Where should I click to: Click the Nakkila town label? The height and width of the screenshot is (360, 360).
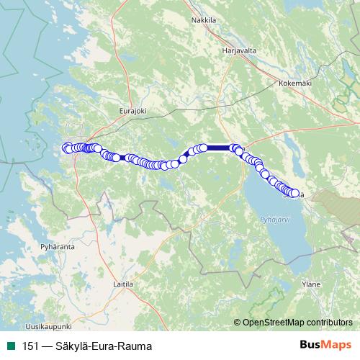tap(204, 20)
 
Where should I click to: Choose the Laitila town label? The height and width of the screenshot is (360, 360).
tap(125, 284)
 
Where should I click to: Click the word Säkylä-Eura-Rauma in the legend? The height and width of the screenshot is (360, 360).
tap(107, 346)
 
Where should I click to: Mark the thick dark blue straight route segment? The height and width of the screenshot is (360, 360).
tap(218, 148)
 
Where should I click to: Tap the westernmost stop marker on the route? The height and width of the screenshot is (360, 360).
tap(66, 148)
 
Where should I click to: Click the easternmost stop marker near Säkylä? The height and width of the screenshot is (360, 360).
tap(295, 193)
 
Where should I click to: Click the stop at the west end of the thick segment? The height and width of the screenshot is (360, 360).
tap(203, 148)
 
